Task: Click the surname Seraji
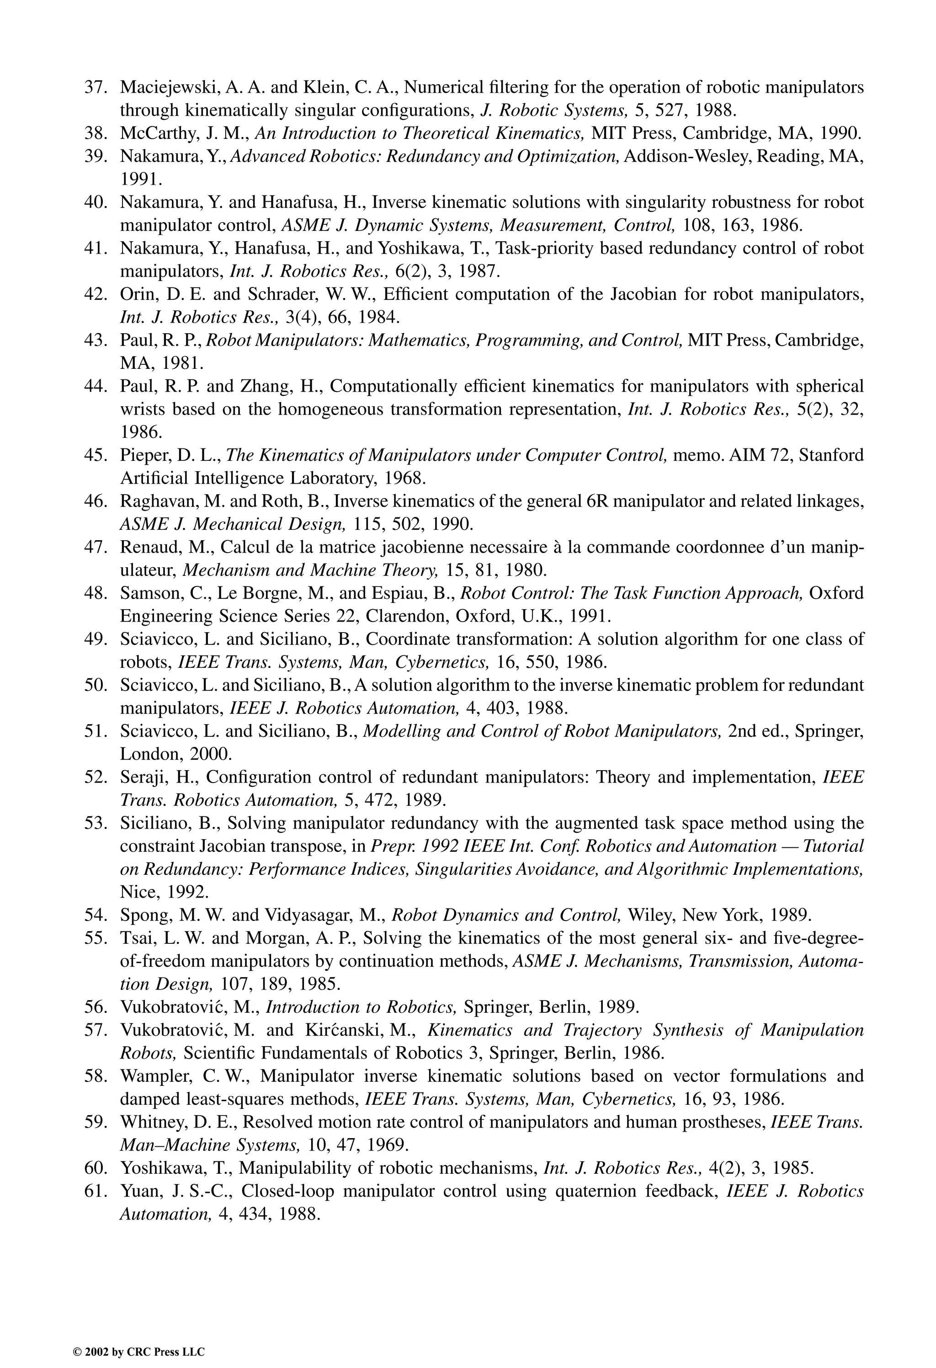point(139,777)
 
